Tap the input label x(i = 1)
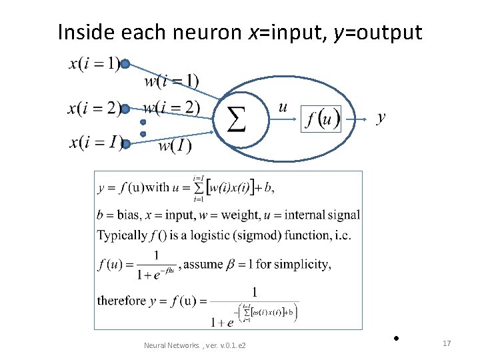tap(94, 65)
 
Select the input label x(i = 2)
tap(93, 109)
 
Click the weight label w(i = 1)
tap(171, 81)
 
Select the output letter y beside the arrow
tap(381, 118)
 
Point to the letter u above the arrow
tap(283, 107)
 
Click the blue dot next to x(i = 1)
tap(125, 65)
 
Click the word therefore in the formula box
tap(121, 301)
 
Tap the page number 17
tap(447, 343)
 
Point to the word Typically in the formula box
tap(122, 235)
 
